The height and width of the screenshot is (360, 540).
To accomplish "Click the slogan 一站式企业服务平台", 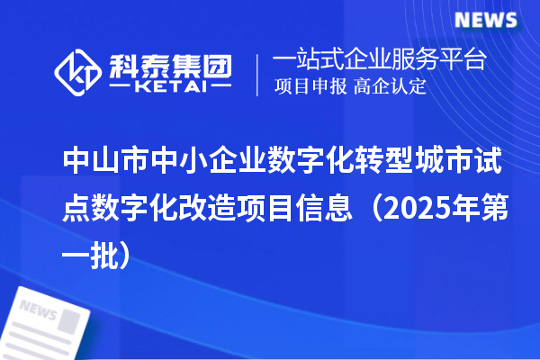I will click(x=380, y=60).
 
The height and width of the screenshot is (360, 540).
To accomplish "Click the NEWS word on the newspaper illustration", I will click(x=37, y=312).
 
